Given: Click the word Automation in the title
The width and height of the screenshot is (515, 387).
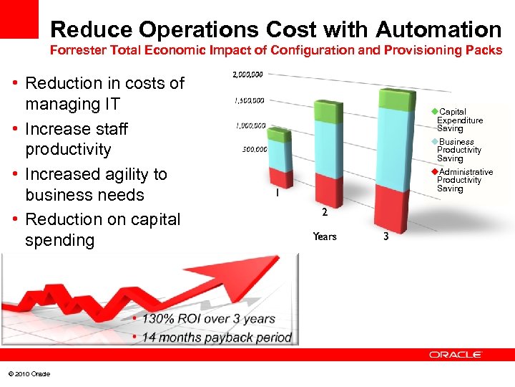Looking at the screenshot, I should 438,29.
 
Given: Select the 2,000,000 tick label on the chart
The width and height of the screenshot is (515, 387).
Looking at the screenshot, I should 248,75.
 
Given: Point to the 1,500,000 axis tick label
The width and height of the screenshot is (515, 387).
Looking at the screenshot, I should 250,100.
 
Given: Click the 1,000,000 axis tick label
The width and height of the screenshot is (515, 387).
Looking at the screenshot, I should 251,126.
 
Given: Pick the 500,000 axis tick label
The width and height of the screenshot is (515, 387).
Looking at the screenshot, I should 255,150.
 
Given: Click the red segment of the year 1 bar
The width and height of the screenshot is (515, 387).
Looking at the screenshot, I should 280,178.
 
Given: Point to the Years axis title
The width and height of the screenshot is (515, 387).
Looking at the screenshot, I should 324,236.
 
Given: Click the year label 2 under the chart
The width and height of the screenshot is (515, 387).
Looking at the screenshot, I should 325,212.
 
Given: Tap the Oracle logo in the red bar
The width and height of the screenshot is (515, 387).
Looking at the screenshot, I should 456,354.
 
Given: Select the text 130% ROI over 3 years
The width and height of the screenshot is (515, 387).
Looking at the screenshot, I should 207,319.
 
